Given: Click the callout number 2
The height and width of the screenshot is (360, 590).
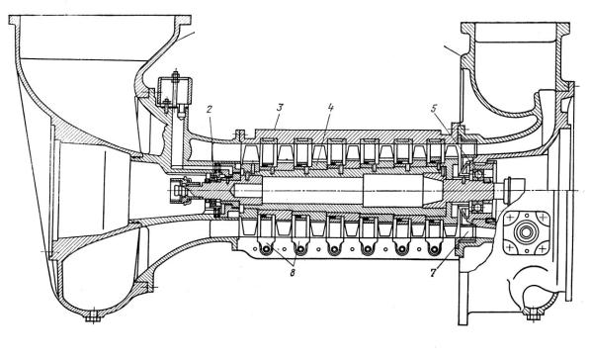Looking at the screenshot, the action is coord(210,109).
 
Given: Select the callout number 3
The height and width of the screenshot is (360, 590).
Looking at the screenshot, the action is coord(280,108).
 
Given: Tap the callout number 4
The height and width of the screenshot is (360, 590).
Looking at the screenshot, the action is coord(330,108).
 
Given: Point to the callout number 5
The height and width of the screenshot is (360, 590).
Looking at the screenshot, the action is coord(434,109).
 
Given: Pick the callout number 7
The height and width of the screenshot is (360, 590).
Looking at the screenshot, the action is coord(433,273).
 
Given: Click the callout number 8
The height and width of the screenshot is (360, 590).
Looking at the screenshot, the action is coord(293,273).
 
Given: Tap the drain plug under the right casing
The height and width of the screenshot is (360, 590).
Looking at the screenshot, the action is coord(533,315).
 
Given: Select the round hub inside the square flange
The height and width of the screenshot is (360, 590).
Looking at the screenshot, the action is coord(526,232).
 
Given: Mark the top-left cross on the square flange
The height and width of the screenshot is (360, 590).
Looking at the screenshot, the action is coord(510,218).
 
